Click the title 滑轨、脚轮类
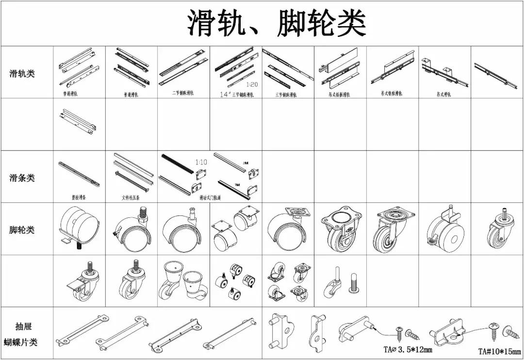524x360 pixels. click(x=276, y=24)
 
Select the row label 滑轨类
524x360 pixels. click(x=22, y=74)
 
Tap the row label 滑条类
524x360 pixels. click(x=22, y=178)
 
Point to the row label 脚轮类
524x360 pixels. click(x=22, y=229)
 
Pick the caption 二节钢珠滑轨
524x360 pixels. click(x=183, y=93)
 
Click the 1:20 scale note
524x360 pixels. click(x=252, y=84)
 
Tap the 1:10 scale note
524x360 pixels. click(x=201, y=162)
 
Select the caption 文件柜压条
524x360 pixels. click(x=131, y=198)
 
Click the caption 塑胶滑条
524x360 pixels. click(x=79, y=198)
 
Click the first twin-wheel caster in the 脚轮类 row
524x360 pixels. click(x=79, y=226)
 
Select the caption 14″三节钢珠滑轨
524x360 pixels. click(x=236, y=95)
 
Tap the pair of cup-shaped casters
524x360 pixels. click(x=183, y=281)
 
